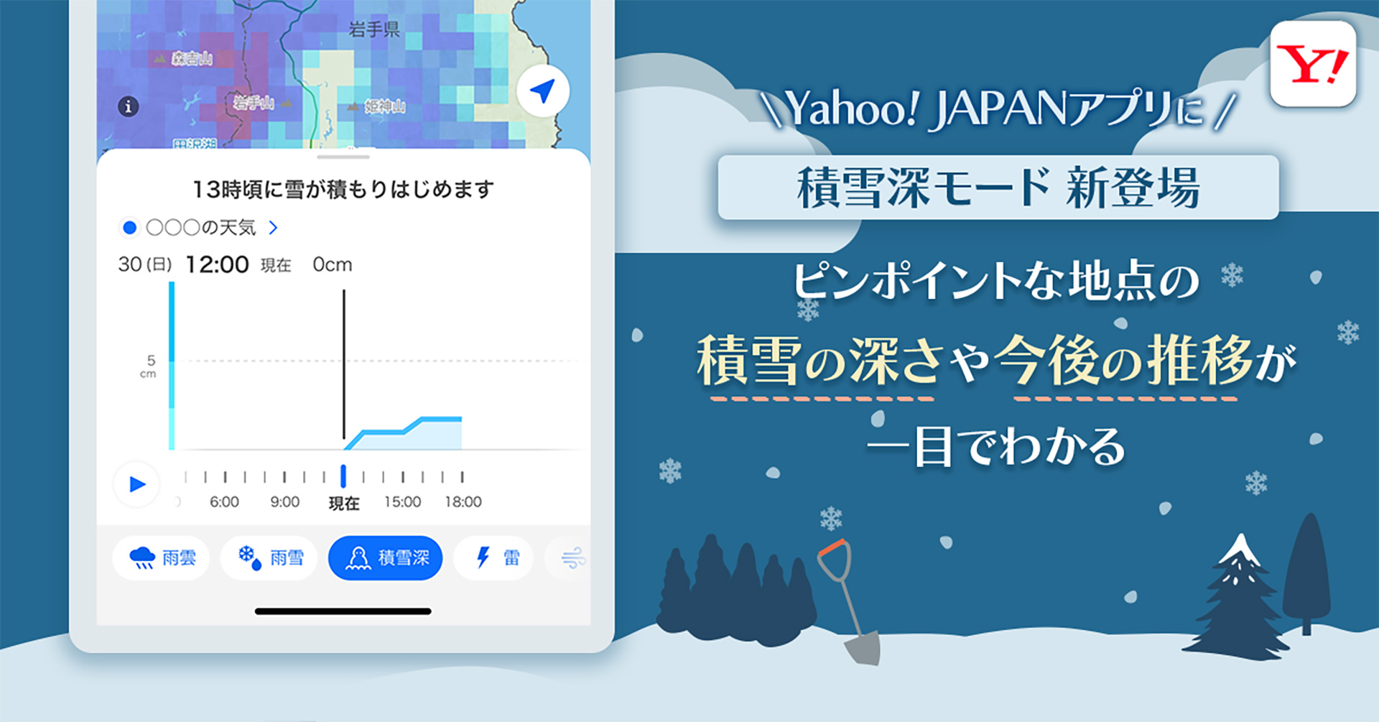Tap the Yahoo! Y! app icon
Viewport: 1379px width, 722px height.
tap(1312, 64)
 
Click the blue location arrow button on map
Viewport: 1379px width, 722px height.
tap(543, 91)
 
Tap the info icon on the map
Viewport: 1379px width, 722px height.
tap(129, 107)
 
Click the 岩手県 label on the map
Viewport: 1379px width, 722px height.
tap(373, 29)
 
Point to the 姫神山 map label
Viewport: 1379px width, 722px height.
tap(384, 107)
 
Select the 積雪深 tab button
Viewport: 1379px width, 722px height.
tap(385, 557)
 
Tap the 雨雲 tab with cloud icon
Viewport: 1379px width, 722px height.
tap(162, 557)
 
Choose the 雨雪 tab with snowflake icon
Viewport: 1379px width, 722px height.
tap(269, 557)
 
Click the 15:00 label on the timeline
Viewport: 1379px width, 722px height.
tap(402, 502)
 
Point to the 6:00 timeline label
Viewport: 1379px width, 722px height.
tap(224, 502)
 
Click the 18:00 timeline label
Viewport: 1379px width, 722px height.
tap(463, 502)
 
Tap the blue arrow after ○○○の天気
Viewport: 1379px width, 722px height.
tap(273, 228)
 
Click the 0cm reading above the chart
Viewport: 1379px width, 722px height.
tap(332, 265)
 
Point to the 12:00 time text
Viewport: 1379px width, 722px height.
tap(217, 265)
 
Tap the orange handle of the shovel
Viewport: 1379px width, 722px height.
tap(832, 547)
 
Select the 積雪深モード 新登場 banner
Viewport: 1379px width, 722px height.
tap(998, 188)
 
